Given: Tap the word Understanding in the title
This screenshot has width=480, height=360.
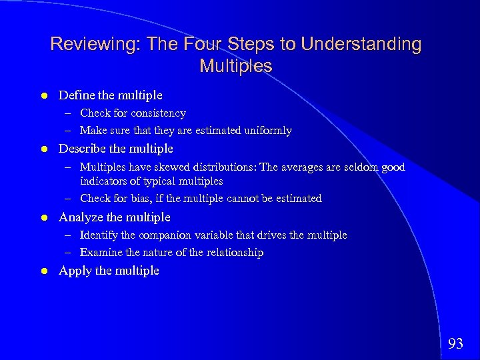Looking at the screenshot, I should click(361, 45).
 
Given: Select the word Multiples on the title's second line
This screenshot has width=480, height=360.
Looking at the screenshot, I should click(235, 66).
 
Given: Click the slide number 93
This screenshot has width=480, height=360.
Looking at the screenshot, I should click(455, 344).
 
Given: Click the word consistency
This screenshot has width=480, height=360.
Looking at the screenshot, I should click(158, 113).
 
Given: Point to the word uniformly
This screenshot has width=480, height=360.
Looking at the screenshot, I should click(267, 131).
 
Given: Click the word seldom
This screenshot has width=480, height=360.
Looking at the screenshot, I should click(359, 167).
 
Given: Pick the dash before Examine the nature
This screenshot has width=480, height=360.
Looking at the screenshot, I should click(69, 252).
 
